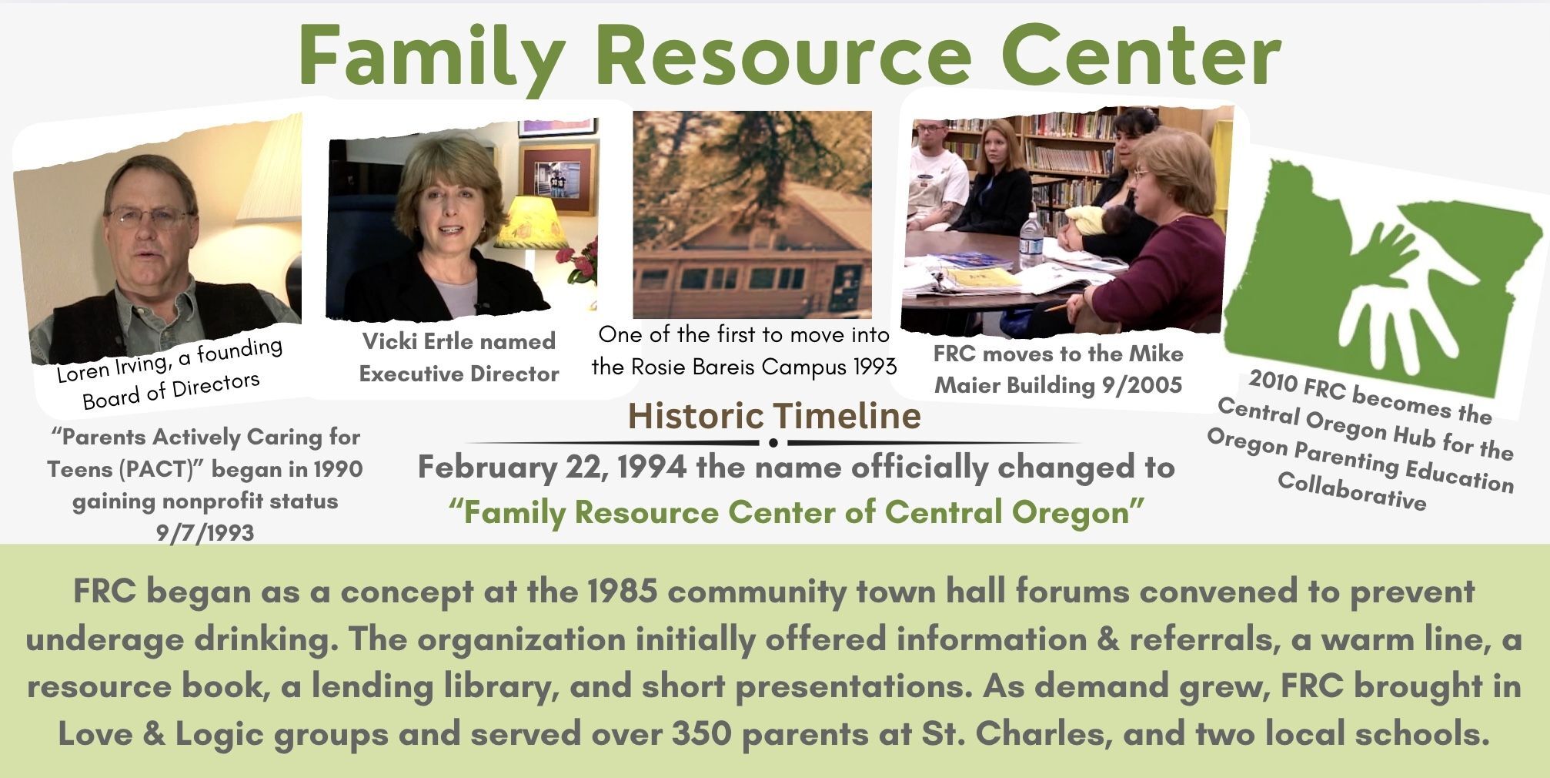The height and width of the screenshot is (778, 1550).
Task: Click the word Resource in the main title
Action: click(x=783, y=55)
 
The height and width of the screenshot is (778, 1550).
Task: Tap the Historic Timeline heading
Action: click(x=774, y=416)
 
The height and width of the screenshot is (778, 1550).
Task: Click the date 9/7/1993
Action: click(x=205, y=533)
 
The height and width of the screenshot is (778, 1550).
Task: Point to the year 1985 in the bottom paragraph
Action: click(x=623, y=592)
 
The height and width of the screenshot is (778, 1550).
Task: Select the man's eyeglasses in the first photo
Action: click(x=149, y=216)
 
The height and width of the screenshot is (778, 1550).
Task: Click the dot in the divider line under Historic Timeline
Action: click(x=773, y=443)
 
